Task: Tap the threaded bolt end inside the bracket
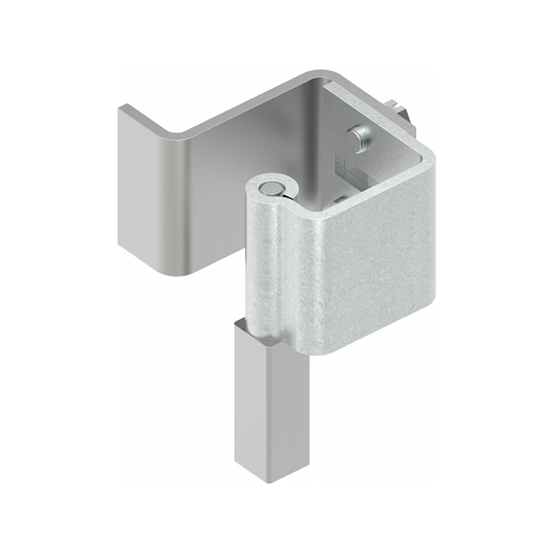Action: [360, 135]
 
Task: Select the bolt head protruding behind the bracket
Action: [399, 110]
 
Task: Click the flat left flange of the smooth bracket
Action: [142, 187]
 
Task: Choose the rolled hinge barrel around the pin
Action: [266, 263]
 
